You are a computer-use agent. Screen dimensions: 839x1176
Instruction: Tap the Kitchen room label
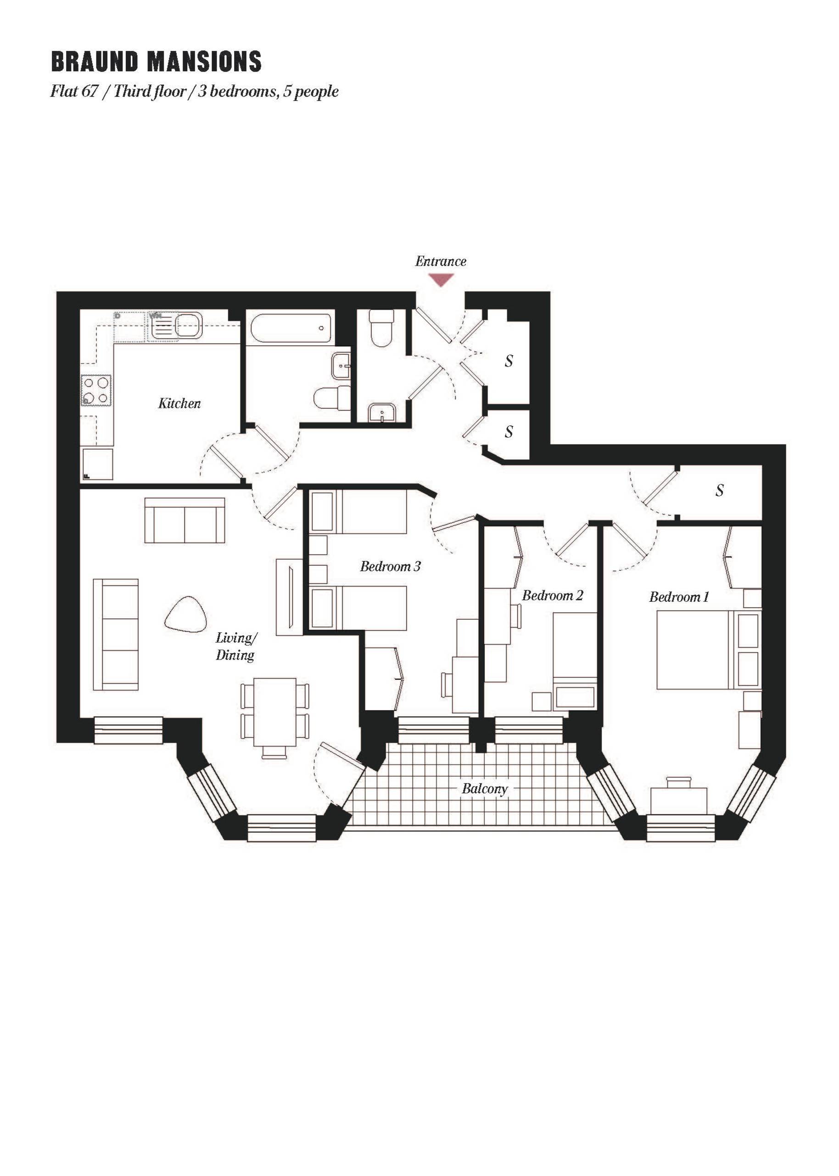(x=179, y=403)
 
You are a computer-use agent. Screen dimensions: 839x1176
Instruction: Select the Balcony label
(x=485, y=789)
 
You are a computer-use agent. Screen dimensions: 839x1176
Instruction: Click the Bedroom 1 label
(x=679, y=597)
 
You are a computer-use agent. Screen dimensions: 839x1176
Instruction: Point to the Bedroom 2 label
(x=552, y=595)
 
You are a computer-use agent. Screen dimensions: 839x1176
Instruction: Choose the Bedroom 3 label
(x=391, y=566)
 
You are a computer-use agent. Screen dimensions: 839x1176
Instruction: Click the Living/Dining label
(x=235, y=647)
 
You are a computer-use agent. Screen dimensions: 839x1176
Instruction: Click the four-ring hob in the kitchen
(x=96, y=390)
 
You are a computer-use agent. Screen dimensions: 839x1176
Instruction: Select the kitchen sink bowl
(x=189, y=325)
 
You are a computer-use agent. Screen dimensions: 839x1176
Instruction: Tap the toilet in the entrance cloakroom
(x=382, y=328)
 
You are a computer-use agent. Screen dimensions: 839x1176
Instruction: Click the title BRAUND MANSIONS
(x=156, y=62)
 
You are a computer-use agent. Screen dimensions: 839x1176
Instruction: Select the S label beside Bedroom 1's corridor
(x=720, y=490)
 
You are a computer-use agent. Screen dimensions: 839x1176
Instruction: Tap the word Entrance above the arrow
(x=441, y=261)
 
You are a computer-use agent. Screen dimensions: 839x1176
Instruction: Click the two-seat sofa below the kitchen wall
(x=185, y=520)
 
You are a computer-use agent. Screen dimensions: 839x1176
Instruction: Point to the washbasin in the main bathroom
(x=341, y=366)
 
